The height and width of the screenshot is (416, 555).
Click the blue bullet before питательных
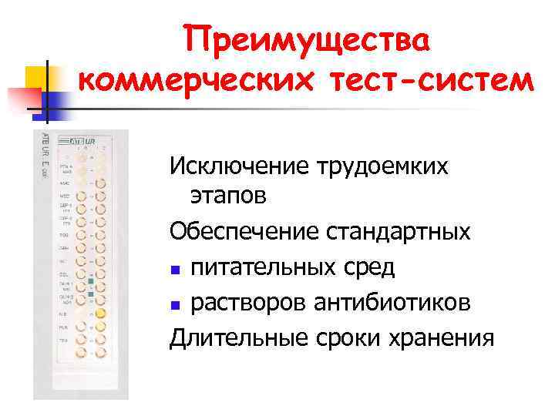177,270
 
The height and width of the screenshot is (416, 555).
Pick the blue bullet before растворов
177,306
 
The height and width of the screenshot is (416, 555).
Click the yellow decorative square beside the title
37,76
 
